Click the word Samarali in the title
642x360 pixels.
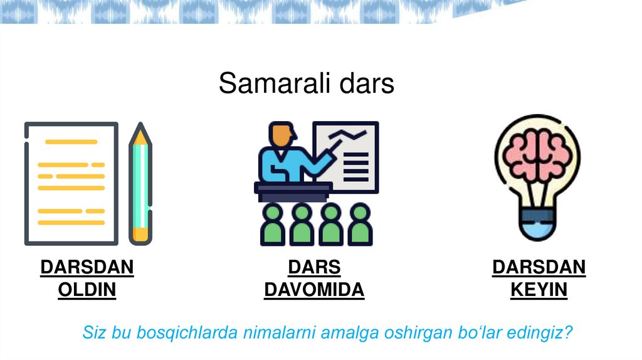coord(267,83)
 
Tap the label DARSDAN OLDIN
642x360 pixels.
coord(87,278)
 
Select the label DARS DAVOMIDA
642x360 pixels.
coord(313,278)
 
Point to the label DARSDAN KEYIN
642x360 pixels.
coord(539,278)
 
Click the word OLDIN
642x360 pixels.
coord(87,290)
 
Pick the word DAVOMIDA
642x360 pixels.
coord(313,290)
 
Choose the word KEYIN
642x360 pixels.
coord(539,290)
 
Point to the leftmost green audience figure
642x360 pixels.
coord(273,224)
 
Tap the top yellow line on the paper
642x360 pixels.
coord(70,142)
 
